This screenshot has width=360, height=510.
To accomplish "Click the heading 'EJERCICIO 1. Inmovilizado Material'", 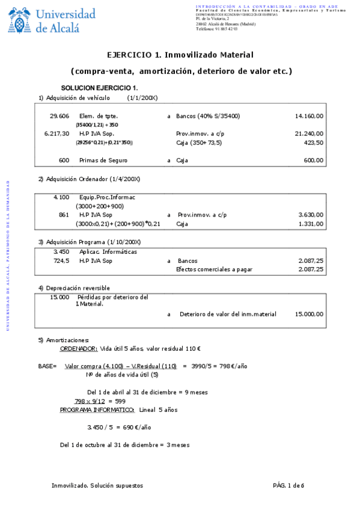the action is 180,55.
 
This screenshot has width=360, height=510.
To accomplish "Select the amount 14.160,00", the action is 309,116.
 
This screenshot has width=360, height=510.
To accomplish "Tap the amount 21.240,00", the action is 309,134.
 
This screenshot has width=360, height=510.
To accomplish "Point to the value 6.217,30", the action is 56,134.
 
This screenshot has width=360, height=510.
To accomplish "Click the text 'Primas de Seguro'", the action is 103,161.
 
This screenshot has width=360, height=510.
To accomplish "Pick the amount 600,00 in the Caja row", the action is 313,161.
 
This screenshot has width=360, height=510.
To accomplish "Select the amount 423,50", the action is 313,143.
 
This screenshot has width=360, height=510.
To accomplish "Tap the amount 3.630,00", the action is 311,215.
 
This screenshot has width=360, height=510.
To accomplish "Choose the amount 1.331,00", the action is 311,224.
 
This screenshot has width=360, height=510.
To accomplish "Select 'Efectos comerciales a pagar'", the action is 213,270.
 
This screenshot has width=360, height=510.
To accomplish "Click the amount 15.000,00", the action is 309,314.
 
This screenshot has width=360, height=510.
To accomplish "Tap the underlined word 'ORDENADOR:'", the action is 79,348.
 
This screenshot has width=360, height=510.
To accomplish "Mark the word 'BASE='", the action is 47,366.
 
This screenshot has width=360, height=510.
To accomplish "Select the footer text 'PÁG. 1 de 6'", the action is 288,485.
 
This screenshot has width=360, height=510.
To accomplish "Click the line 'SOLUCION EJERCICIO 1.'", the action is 99,88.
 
